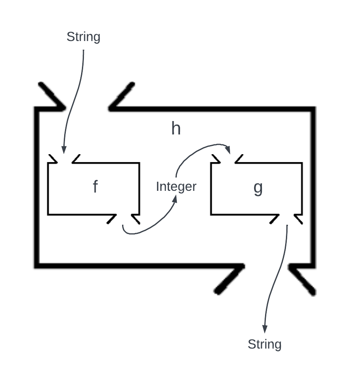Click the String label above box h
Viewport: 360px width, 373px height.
83,37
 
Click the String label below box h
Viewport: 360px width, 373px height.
264,344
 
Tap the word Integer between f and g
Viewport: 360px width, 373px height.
176,186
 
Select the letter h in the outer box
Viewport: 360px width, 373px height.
176,129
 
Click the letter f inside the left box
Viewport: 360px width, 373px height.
95,186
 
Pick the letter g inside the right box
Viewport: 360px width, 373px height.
258,188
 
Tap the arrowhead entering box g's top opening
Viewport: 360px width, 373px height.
228,149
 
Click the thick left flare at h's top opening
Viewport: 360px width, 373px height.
51,95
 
